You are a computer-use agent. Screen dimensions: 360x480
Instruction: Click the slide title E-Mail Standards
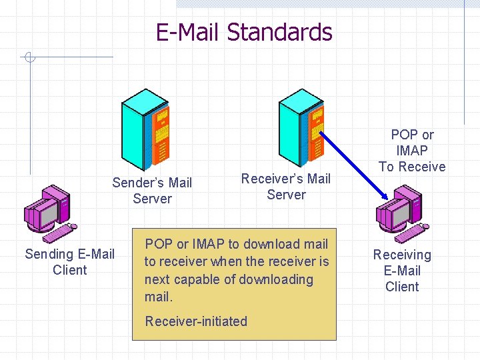(243, 32)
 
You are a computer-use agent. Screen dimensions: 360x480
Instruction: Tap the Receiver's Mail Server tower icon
(301, 127)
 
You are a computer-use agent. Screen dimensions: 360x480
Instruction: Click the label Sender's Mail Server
(152, 191)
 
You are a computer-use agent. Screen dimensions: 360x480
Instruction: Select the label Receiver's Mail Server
(285, 187)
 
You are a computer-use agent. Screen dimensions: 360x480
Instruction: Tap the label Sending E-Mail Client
(69, 262)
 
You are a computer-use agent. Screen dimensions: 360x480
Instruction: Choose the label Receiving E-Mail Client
(402, 271)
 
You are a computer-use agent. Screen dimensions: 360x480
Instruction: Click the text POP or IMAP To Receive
(412, 151)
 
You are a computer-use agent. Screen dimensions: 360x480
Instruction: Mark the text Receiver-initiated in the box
(196, 321)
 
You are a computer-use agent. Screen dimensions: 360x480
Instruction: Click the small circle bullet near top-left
(28, 58)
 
